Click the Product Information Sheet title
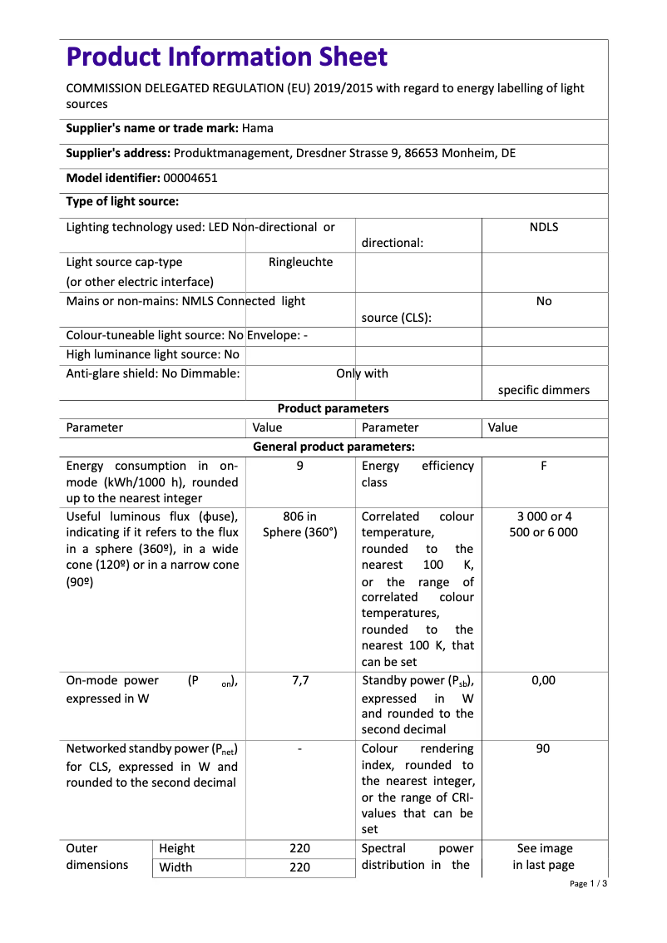226,57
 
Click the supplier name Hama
257,128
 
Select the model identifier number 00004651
190,178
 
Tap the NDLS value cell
544,227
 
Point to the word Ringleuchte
300,262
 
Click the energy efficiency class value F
544,466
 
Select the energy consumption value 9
299,466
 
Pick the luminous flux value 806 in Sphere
299,524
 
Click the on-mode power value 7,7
299,680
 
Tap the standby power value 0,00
544,680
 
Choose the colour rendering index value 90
544,748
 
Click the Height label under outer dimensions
176,848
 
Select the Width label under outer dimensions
175,867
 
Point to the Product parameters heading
333,408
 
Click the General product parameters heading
333,447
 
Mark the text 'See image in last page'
544,857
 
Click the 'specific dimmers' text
544,390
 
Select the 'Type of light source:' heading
122,201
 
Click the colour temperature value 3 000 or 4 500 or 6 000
544,524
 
